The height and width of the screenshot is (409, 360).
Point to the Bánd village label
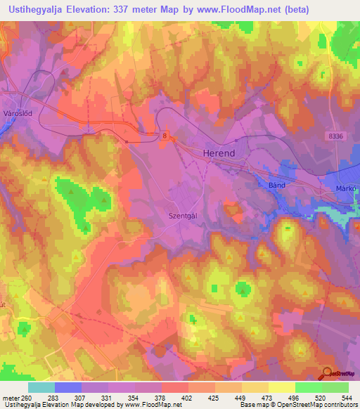pos(279,185)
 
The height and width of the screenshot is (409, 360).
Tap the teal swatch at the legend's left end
pos(41,387)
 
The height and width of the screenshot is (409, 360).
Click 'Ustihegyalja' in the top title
pos(36,9)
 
